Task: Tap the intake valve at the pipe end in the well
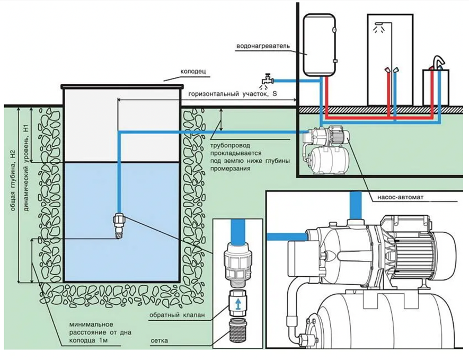click(x=120, y=224)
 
